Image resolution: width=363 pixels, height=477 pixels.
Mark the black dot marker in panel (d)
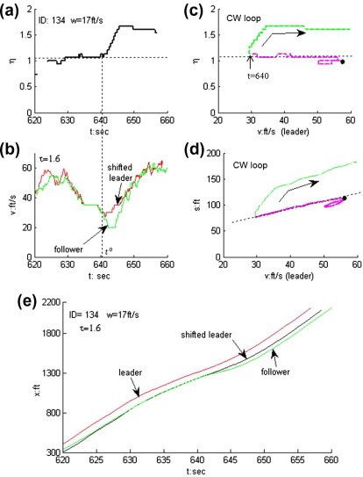coord(345,199)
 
